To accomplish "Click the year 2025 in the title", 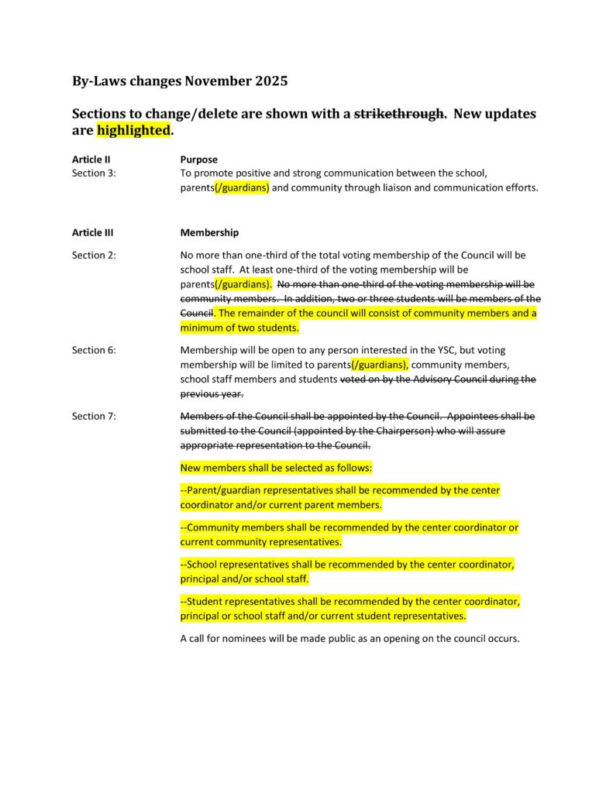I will point(267,81).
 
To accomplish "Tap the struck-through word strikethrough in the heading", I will point(399,114).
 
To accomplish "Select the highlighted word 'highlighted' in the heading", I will point(133,130).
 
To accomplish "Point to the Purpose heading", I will point(199,160).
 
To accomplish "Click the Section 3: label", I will point(94,173).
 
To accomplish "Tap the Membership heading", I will point(209,232).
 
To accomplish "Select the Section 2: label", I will point(94,255).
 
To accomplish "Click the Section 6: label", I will point(94,350).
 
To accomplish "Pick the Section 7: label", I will point(94,417).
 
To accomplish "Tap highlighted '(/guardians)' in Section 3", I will point(242,188).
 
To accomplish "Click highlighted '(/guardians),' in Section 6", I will point(380,365).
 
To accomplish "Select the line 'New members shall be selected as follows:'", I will point(276,468).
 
